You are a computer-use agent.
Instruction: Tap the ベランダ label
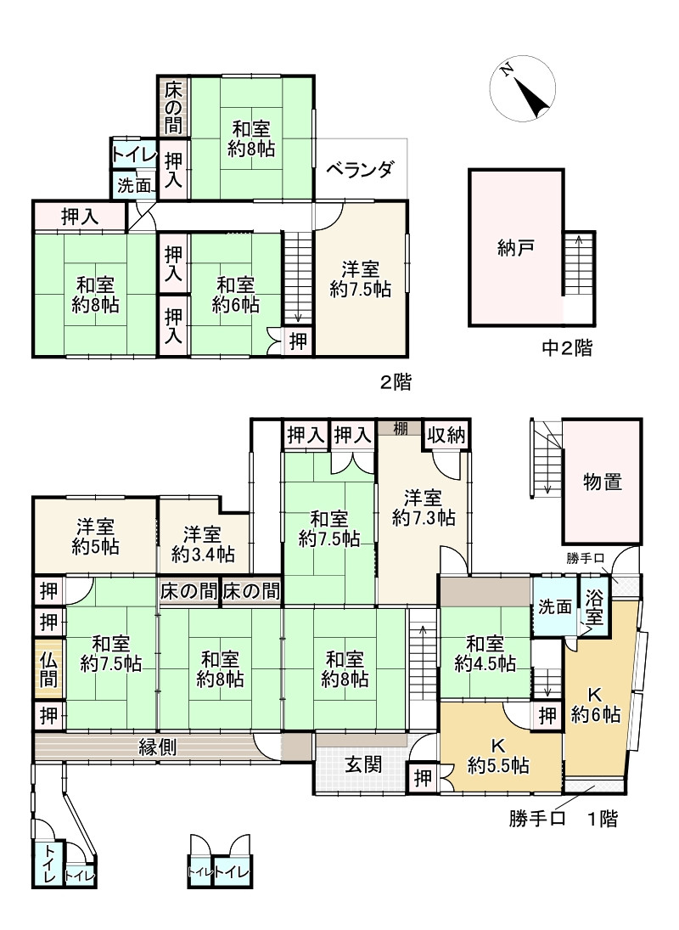coord(361,169)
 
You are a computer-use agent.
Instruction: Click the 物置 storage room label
coord(602,482)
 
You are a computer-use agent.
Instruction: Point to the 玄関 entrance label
coord(362,764)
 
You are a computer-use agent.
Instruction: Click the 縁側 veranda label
coord(158,747)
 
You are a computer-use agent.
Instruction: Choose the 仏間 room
coord(49,669)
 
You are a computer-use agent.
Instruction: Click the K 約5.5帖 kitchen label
coord(498,756)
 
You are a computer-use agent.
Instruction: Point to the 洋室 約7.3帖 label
coord(422,506)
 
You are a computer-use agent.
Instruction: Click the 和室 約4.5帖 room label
coord(485,653)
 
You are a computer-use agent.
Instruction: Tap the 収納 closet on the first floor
coord(446,436)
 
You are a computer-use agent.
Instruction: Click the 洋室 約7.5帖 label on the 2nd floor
coord(361,279)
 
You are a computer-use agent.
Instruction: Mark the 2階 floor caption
coord(396,382)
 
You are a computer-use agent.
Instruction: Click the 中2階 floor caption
coord(567,347)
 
